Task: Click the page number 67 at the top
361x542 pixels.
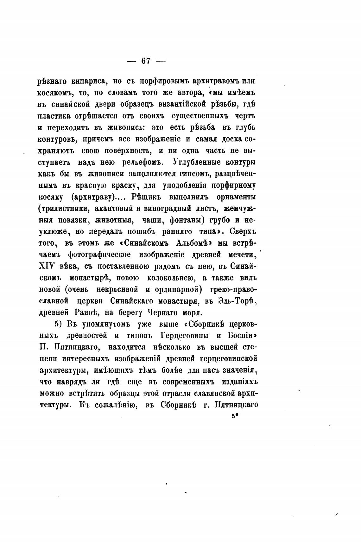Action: click(146, 61)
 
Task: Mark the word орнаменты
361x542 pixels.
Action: click(236, 197)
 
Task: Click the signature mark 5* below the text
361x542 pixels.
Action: click(234, 417)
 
